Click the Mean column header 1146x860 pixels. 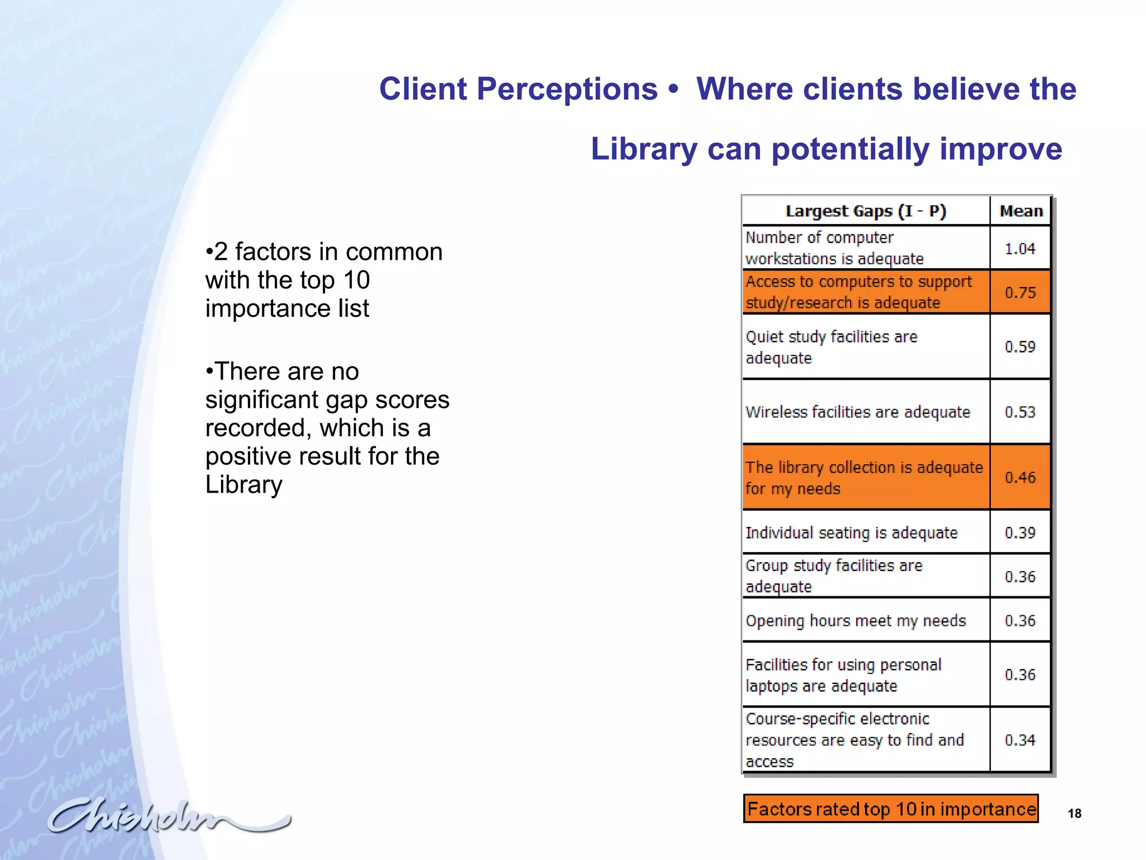coord(1021,211)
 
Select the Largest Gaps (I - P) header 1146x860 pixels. coord(865,211)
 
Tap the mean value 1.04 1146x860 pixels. coord(1020,249)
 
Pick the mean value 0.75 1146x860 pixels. coord(1020,292)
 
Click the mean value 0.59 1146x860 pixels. coord(1020,347)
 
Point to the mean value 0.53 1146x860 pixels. coord(1020,412)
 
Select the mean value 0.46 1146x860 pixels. coord(1020,478)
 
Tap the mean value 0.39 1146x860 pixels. coord(1020,532)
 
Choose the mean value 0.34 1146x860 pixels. coord(1020,740)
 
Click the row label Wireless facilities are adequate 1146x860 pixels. coord(857,412)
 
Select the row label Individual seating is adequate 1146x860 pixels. coord(851,532)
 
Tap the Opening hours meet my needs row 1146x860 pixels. coord(856,620)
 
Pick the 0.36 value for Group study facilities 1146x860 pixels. coord(1020,577)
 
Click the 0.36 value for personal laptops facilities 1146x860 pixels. coord(1020,675)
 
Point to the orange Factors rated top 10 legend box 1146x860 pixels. coord(890,809)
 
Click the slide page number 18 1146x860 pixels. coord(1074,814)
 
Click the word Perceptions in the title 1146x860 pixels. coord(566,89)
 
